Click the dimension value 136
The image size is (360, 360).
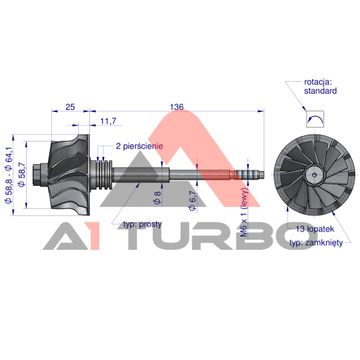coord(177,107)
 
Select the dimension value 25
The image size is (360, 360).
coord(70,107)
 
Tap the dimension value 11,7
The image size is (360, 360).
coord(108,121)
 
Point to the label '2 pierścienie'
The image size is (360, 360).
coord(139,146)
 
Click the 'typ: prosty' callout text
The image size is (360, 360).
coord(142,224)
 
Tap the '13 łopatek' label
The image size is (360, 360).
coord(315,229)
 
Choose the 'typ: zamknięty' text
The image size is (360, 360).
coord(316,243)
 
